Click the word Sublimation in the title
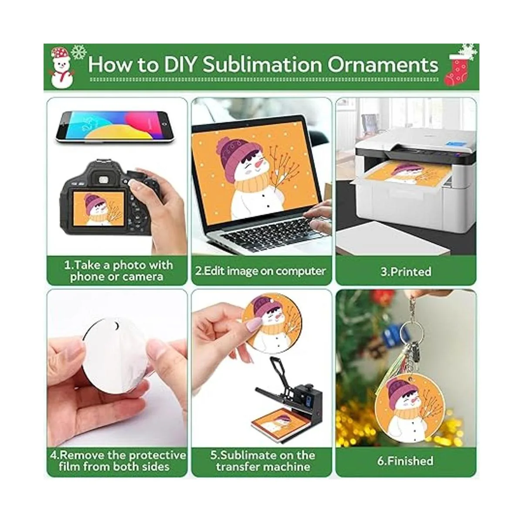tap(262, 65)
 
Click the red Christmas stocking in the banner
tap(456, 69)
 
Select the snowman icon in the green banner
tap(61, 68)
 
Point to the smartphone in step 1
tap(114, 127)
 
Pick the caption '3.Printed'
tap(406, 272)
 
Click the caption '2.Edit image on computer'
tap(260, 271)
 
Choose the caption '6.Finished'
tap(405, 461)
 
